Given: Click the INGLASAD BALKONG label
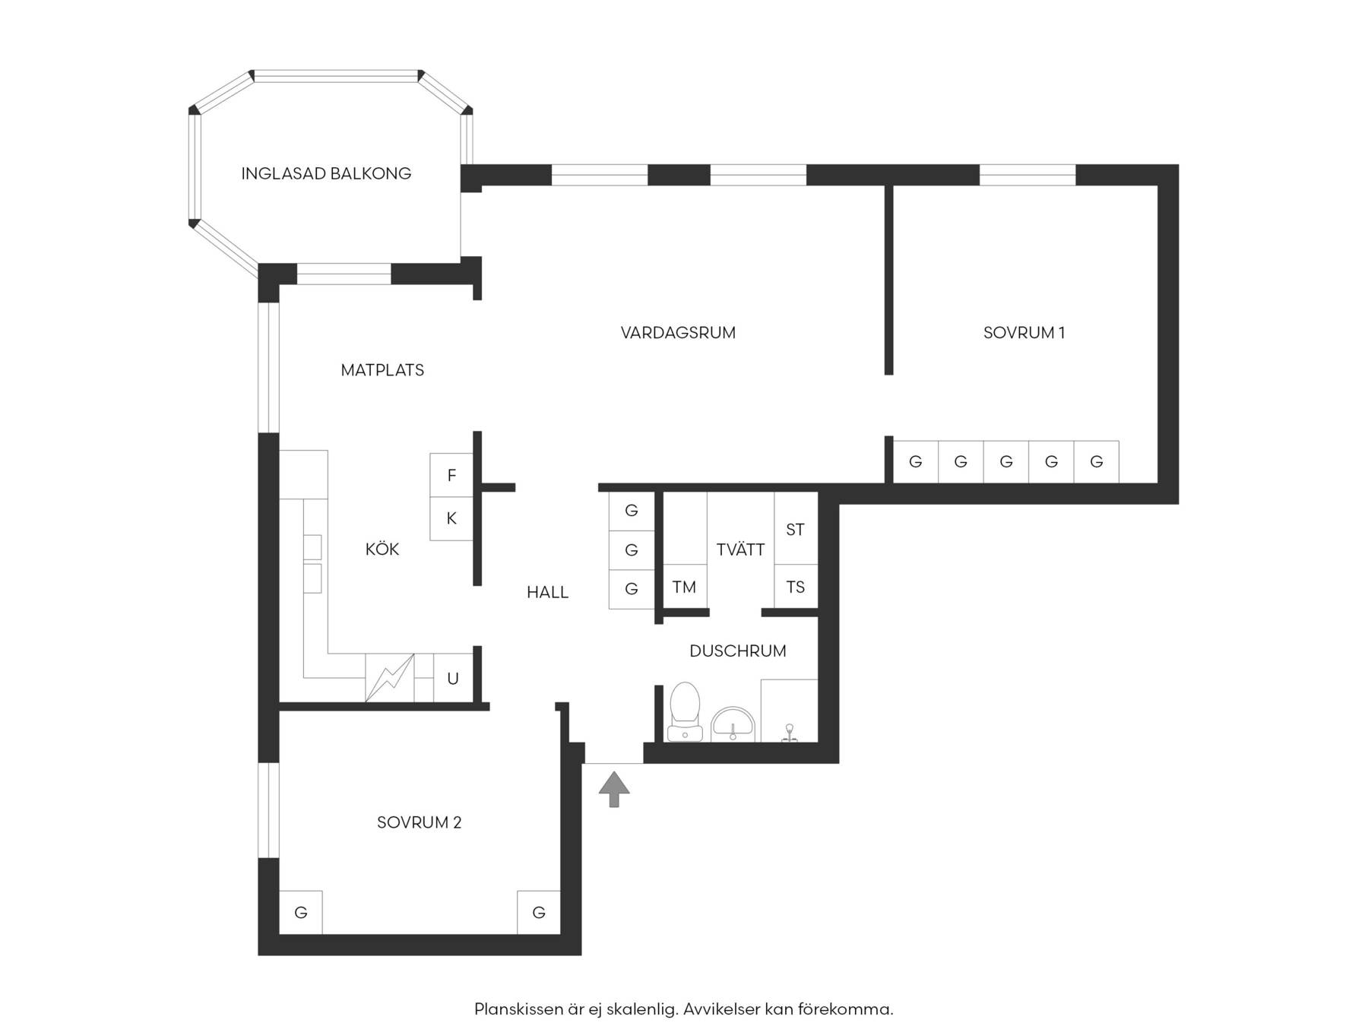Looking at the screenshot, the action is pyautogui.click(x=326, y=173).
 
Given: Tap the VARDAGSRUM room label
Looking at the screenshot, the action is pyautogui.click(x=678, y=332).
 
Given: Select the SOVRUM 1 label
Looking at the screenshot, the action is pyautogui.click(x=1024, y=332).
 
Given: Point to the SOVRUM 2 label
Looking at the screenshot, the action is pyautogui.click(x=419, y=822).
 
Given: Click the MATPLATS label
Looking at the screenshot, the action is pyautogui.click(x=382, y=370).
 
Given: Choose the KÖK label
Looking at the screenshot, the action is pyautogui.click(x=382, y=549).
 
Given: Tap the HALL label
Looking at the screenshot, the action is pyautogui.click(x=547, y=592).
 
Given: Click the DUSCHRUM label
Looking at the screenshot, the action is pyautogui.click(x=737, y=651).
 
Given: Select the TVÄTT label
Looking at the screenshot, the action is pyautogui.click(x=740, y=549).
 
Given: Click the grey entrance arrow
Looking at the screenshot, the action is pyautogui.click(x=614, y=789).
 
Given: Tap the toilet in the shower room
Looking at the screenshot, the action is pyautogui.click(x=685, y=711).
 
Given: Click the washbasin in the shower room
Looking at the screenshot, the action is pyautogui.click(x=733, y=724).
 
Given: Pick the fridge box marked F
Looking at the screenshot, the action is pyautogui.click(x=451, y=475).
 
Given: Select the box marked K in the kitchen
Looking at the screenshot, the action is pyautogui.click(x=451, y=518).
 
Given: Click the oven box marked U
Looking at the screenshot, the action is pyautogui.click(x=454, y=678).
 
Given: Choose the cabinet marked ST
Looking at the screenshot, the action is pyautogui.click(x=796, y=528).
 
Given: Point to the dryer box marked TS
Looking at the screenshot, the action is pyautogui.click(x=796, y=587).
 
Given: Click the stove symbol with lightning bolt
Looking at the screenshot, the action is pyautogui.click(x=390, y=678).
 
